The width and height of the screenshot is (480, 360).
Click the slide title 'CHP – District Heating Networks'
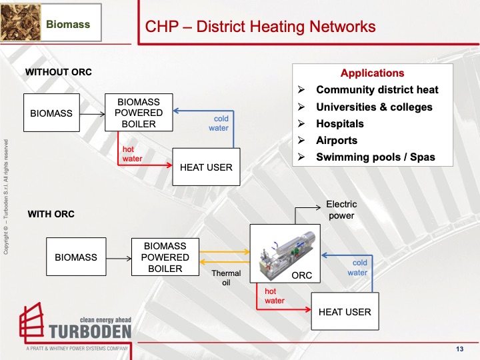click(x=260, y=27)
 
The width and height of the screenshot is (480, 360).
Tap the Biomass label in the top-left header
click(x=67, y=25)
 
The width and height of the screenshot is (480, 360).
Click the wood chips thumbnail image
click(x=20, y=22)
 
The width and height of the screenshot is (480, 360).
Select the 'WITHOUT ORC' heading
click(x=58, y=72)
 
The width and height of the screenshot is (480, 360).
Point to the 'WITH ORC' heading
click(x=51, y=214)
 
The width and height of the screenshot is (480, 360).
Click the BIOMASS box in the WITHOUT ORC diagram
click(x=51, y=113)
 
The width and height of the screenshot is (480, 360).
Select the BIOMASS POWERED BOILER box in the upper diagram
click(x=139, y=113)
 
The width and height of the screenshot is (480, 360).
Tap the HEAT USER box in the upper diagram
click(x=206, y=167)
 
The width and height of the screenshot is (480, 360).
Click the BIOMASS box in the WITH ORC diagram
click(x=75, y=257)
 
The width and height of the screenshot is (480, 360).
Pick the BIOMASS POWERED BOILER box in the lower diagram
click(x=165, y=257)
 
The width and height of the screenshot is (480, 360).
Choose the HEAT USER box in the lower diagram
click(x=345, y=311)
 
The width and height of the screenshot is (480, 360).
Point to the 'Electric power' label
click(x=341, y=209)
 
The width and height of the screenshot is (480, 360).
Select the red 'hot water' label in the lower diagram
click(x=275, y=296)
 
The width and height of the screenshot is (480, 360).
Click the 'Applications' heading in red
click(x=372, y=73)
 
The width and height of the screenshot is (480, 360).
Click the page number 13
click(x=459, y=350)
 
